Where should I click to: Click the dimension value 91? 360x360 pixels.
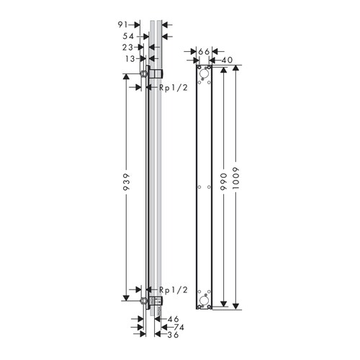click(123, 24)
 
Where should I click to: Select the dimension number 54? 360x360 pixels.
click(123, 35)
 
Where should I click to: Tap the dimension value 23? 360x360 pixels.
click(123, 47)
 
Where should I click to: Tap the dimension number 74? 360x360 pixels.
click(173, 326)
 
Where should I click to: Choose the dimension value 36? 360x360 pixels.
click(173, 335)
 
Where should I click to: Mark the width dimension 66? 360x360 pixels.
click(203, 51)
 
